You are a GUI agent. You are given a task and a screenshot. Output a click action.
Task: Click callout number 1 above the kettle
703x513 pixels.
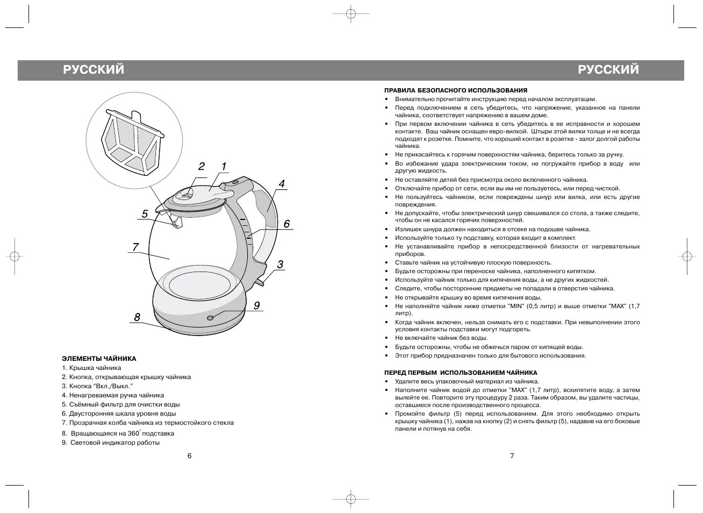click(223, 166)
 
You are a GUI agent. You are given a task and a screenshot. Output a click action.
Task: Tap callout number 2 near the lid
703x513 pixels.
click(202, 166)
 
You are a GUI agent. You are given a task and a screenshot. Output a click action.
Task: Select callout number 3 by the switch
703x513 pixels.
click(280, 265)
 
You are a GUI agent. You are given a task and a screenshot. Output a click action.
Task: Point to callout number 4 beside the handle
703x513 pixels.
click(281, 183)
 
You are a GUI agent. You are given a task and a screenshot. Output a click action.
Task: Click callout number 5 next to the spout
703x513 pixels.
click(145, 214)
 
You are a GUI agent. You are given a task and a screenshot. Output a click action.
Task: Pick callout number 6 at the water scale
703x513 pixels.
click(286, 224)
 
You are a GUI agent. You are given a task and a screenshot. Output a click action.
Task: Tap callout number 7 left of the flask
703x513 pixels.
click(135, 247)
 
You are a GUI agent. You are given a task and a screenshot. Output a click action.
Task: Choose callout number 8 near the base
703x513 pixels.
click(137, 317)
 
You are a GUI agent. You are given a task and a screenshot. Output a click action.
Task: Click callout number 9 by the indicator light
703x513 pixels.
click(257, 305)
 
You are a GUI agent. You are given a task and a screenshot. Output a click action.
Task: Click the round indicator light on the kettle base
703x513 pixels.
click(210, 317)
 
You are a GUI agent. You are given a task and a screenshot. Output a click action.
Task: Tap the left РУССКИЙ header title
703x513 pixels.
click(94, 70)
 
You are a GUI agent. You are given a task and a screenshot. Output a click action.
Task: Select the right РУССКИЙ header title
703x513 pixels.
click(608, 70)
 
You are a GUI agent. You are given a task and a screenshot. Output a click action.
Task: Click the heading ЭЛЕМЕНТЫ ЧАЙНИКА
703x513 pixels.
click(99, 359)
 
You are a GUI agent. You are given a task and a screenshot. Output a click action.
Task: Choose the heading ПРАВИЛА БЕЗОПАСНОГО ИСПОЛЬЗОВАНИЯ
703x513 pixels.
click(455, 90)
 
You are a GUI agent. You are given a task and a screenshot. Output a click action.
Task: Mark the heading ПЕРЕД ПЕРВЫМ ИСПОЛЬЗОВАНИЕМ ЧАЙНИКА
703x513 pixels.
click(461, 373)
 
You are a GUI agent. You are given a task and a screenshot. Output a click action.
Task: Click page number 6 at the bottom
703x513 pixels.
click(189, 456)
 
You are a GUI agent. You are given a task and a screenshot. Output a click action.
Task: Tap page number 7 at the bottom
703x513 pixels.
click(512, 456)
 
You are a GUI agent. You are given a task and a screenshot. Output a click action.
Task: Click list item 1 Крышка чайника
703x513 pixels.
click(91, 368)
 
